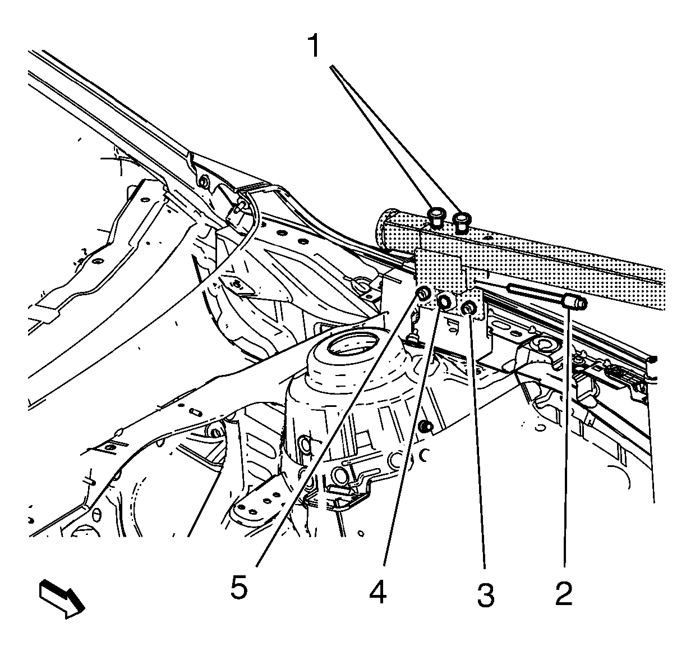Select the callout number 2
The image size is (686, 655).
pos(564,593)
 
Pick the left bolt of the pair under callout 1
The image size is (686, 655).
pos(436,217)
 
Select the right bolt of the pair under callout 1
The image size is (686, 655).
pos(462,220)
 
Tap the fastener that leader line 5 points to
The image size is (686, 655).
pos(424,293)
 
